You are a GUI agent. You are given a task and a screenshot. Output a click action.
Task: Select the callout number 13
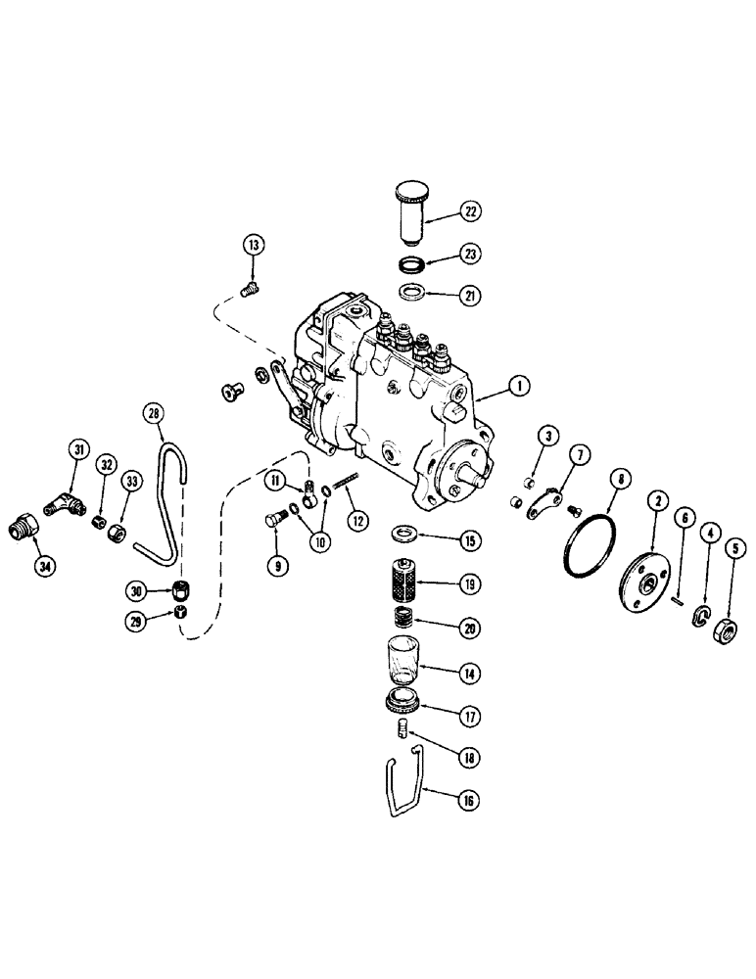click(253, 245)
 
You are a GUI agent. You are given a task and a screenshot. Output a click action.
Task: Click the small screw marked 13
click(248, 288)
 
